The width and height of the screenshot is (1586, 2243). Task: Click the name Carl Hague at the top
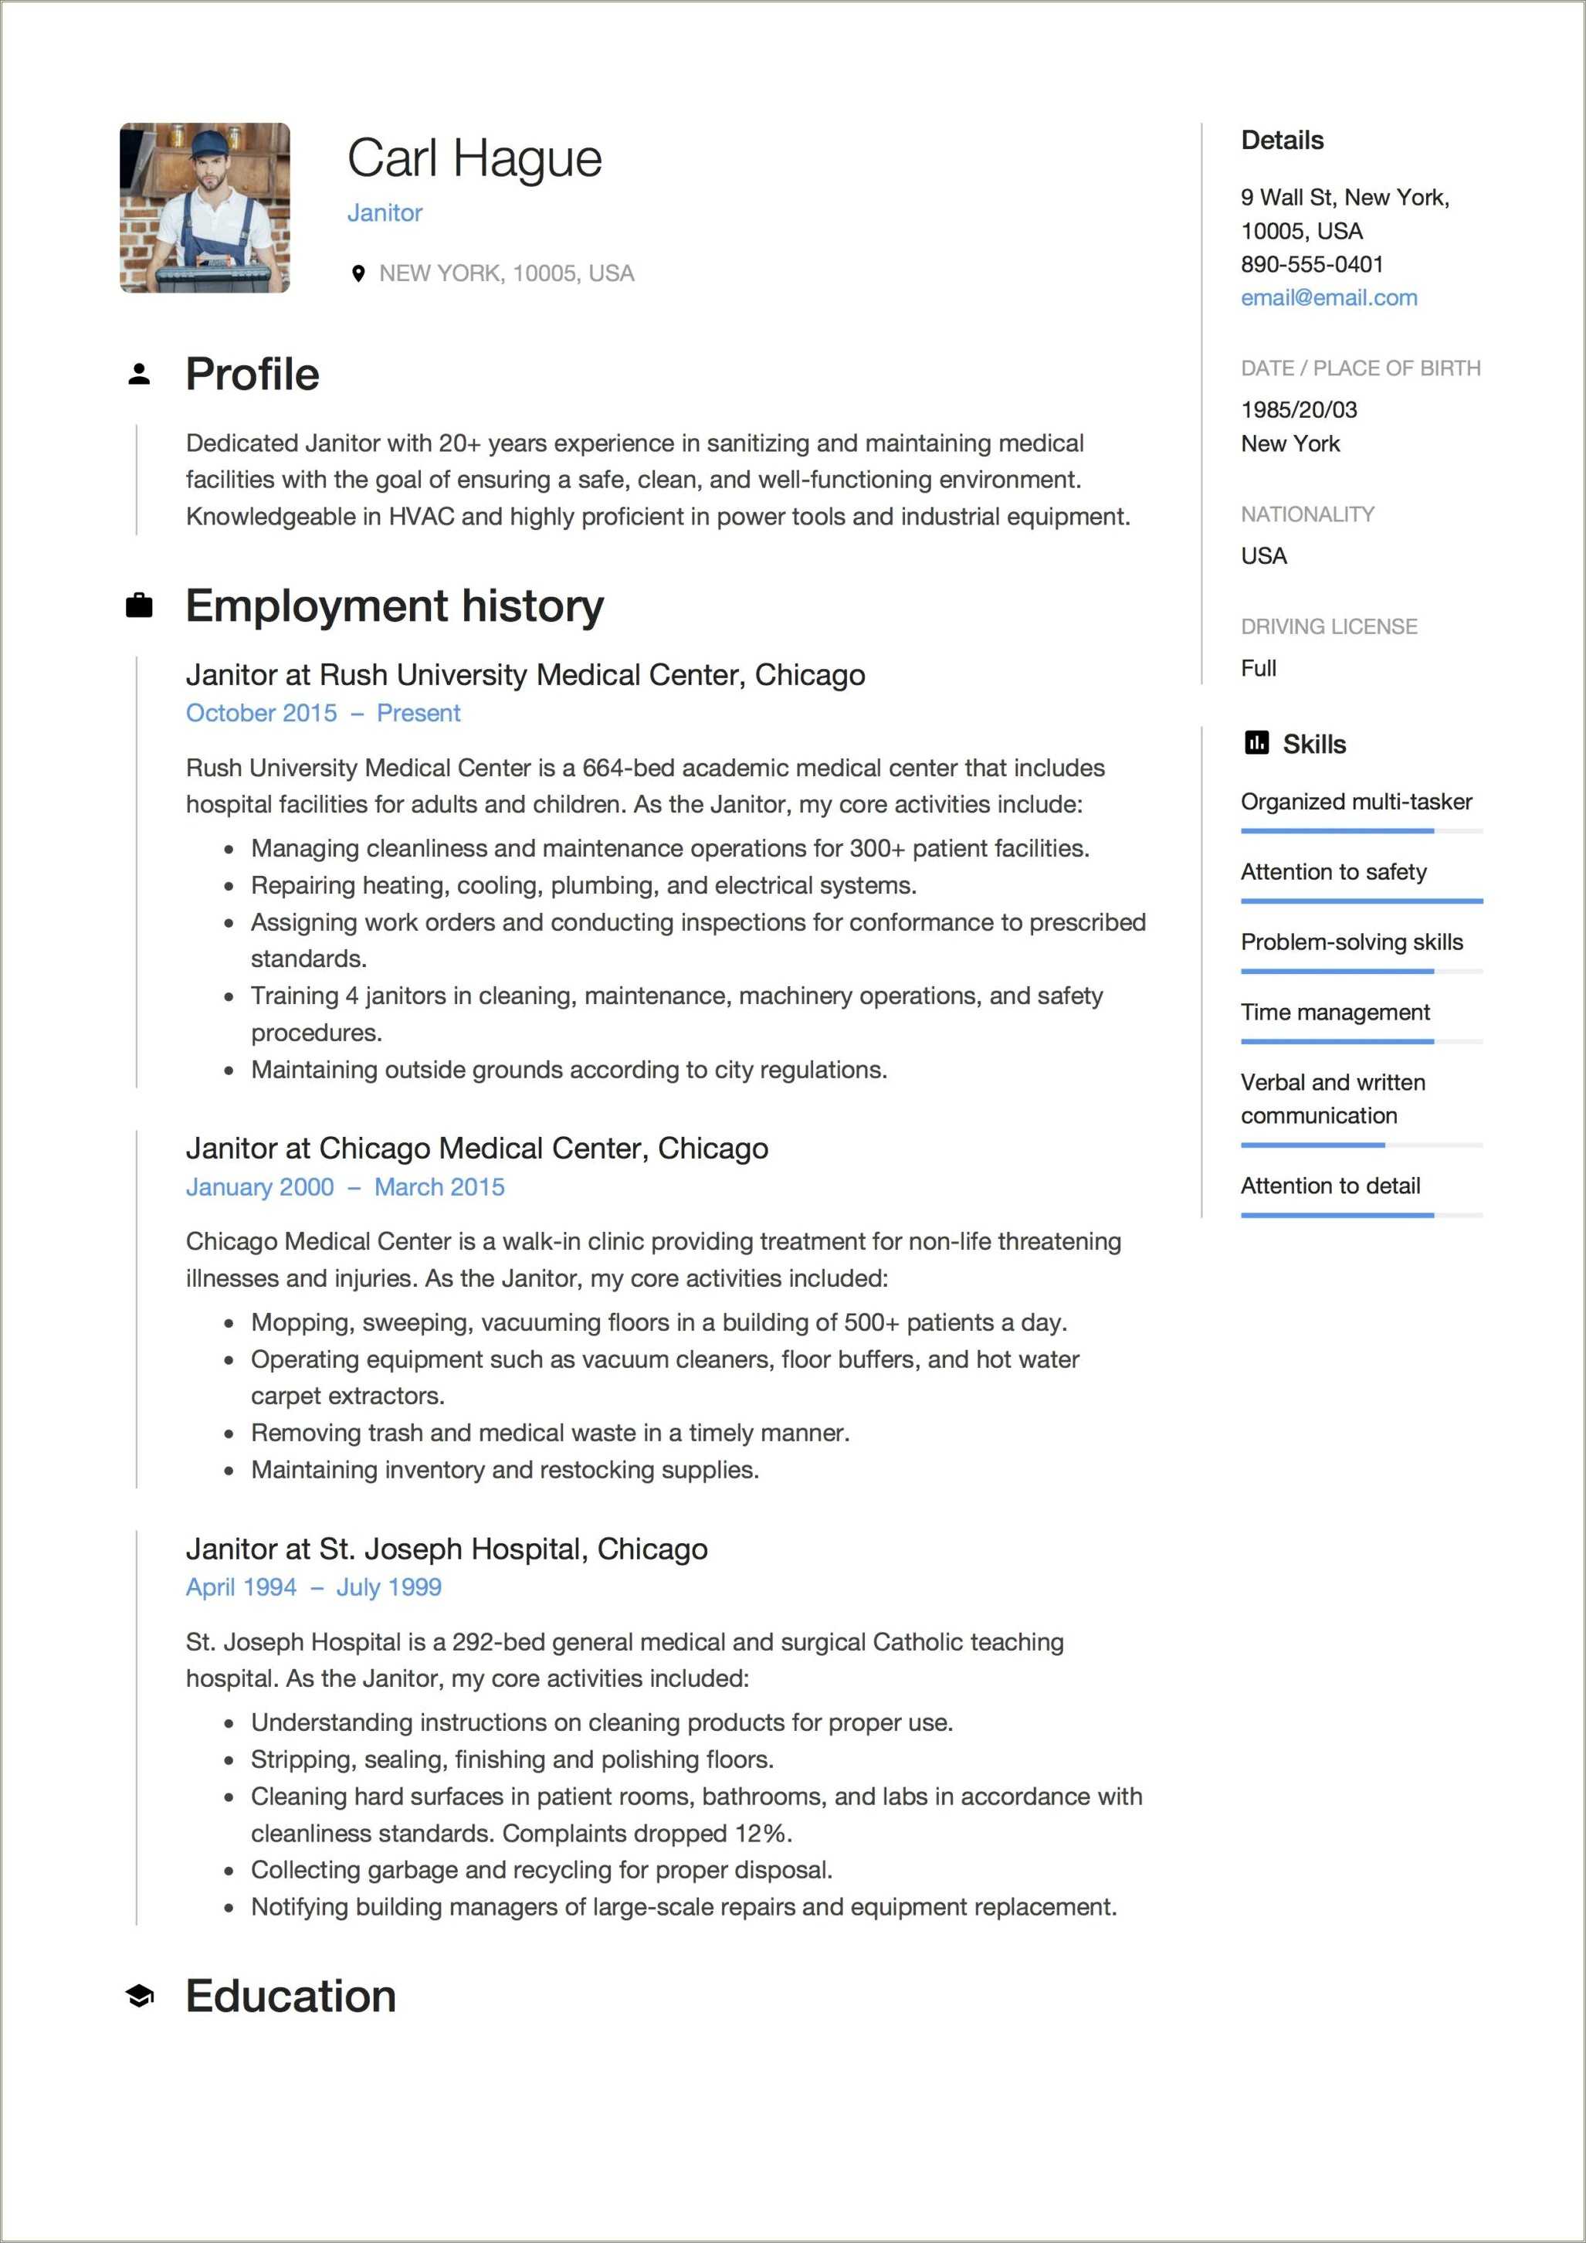[475, 158]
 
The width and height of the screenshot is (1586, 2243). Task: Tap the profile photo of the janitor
[205, 208]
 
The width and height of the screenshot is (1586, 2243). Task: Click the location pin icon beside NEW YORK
[358, 273]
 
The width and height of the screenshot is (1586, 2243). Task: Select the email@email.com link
[1328, 298]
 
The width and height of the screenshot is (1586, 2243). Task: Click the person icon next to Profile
[139, 374]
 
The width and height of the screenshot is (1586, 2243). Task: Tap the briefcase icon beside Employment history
[139, 606]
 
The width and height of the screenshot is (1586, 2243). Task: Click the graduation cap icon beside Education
[139, 1996]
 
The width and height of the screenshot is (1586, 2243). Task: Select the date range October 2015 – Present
[322, 713]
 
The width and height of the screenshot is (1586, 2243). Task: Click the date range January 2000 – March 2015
[344, 1187]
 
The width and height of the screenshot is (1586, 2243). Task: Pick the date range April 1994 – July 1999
[313, 1587]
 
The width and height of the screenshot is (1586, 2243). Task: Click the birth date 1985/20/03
[1299, 410]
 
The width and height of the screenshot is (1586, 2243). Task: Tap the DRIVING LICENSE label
[1328, 626]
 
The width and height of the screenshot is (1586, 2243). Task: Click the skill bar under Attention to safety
[1361, 901]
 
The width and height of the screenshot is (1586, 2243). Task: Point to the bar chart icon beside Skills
[1257, 744]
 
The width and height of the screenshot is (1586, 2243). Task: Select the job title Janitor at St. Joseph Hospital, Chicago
[446, 1549]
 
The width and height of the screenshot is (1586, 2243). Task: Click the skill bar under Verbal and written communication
[1361, 1145]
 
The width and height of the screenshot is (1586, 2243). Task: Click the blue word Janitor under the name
[385, 213]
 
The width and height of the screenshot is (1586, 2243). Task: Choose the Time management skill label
[1335, 1012]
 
